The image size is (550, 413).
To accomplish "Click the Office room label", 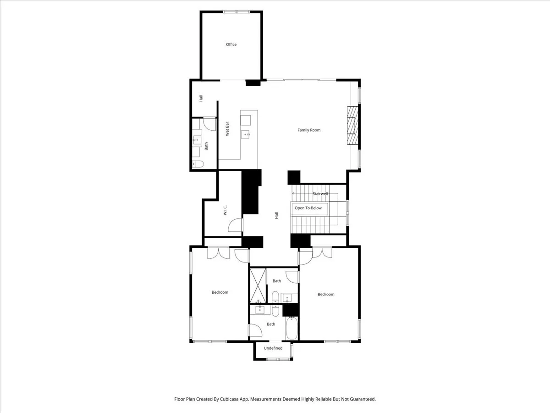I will pyautogui.click(x=231, y=45).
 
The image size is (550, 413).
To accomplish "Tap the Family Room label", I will pyautogui.click(x=309, y=130).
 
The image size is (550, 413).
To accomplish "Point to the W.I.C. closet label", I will pyautogui.click(x=225, y=210).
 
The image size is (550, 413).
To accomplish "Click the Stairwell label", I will pyautogui.click(x=320, y=194).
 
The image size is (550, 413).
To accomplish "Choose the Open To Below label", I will pyautogui.click(x=308, y=208).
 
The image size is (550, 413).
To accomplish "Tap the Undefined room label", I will pyautogui.click(x=273, y=348).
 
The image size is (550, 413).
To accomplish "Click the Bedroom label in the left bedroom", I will pyautogui.click(x=220, y=292).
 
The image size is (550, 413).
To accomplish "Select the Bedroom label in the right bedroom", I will pyautogui.click(x=326, y=294).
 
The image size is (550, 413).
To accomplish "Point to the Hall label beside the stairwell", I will pyautogui.click(x=277, y=215).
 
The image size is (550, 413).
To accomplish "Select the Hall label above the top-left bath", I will pyautogui.click(x=201, y=98).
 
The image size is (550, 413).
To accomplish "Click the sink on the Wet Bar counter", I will pyautogui.click(x=246, y=134).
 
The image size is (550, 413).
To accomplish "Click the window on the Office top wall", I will pyautogui.click(x=236, y=12).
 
